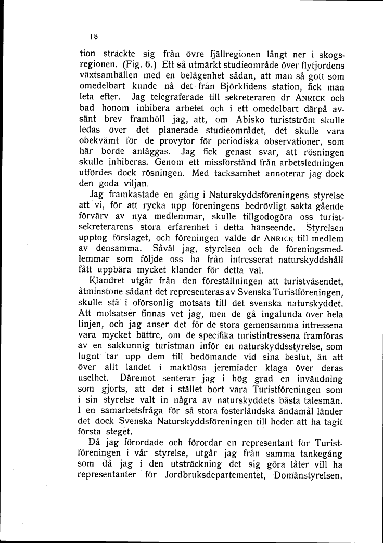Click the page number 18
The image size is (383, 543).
(x=93, y=36)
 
